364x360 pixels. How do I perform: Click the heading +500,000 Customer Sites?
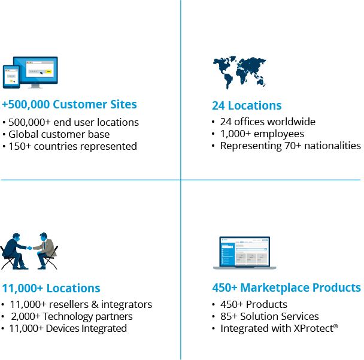[69, 104]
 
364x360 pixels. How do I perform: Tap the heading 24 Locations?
[247, 105]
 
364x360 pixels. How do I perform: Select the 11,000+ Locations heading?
[51, 288]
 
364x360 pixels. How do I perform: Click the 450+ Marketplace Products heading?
[286, 288]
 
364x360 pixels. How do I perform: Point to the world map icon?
[239, 72]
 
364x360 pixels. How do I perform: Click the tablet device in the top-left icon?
[11, 77]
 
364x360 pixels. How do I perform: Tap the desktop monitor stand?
[35, 86]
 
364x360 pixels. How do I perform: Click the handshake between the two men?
[30, 248]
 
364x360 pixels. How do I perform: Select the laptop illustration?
[245, 253]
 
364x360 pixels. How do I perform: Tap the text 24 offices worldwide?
[268, 122]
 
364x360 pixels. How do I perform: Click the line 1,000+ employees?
[262, 134]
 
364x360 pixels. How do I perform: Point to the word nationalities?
[332, 146]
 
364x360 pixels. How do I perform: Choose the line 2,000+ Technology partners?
[72, 316]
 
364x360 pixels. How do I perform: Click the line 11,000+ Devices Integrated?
[68, 328]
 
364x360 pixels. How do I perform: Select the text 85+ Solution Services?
[269, 316]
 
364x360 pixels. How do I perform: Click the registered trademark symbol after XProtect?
[336, 326]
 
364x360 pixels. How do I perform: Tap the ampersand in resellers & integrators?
[95, 304]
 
